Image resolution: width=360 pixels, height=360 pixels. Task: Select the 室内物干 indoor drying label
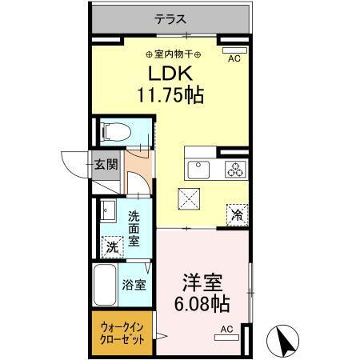pos(174,54)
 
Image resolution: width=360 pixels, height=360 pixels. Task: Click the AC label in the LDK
pos(234,58)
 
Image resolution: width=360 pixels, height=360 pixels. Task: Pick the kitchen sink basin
pos(198,169)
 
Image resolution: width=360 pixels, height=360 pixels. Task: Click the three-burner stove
pos(236,169)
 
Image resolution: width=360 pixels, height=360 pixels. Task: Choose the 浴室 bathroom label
pos(134,284)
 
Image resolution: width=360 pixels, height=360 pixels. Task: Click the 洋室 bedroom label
pos(203,284)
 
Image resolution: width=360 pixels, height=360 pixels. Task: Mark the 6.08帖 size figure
pos(203,306)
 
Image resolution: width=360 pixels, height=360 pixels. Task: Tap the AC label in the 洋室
pos(226,328)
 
